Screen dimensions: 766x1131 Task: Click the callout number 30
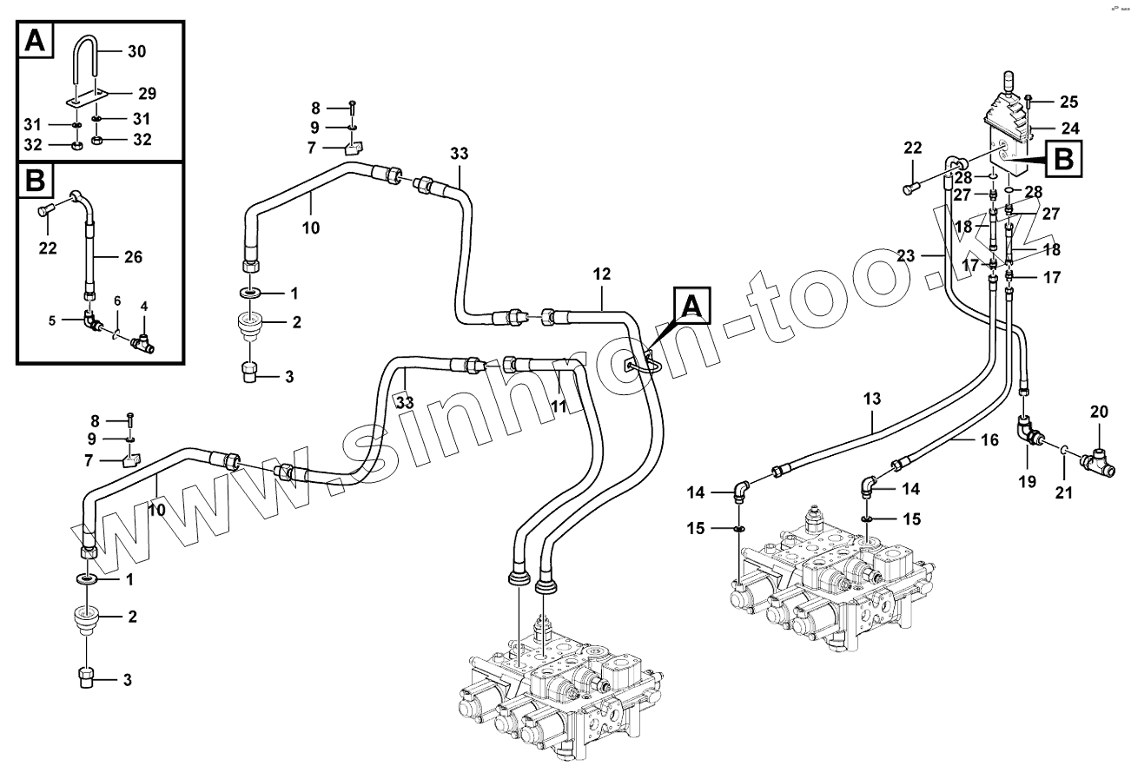tap(136, 51)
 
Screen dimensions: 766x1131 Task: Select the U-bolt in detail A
tap(88, 61)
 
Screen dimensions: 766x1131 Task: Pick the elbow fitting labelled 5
tap(116, 300)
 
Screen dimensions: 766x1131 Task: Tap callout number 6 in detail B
tap(116, 300)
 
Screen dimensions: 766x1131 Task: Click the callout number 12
tap(602, 274)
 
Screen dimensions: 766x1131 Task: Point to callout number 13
tap(871, 399)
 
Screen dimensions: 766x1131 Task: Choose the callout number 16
tap(989, 440)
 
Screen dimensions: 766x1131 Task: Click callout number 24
tap(1070, 129)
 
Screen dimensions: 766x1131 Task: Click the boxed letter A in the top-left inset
tap(34, 41)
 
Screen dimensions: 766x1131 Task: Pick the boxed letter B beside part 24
tap(1065, 161)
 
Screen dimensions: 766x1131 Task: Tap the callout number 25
tap(1068, 100)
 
